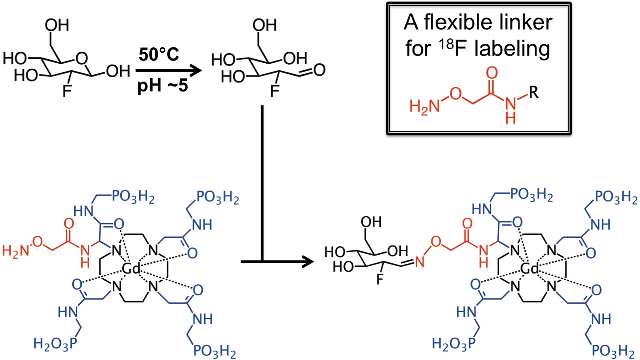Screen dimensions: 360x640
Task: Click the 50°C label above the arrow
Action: (x=159, y=54)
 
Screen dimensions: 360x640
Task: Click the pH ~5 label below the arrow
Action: (x=162, y=85)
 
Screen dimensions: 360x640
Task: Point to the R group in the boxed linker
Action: (x=533, y=92)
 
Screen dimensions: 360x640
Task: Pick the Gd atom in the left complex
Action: (x=131, y=269)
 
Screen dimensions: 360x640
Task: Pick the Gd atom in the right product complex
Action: (x=530, y=269)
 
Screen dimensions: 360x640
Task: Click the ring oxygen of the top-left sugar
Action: (x=82, y=58)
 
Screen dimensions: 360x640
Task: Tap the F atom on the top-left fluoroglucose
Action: (x=66, y=92)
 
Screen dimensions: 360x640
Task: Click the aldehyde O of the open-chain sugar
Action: (x=319, y=70)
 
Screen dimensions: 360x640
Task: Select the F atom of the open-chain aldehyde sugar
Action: (x=274, y=92)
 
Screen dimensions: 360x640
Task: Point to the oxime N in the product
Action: (x=420, y=263)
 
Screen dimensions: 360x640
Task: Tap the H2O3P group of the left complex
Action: (x=54, y=344)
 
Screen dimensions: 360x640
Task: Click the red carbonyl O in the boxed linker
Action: (x=492, y=73)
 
